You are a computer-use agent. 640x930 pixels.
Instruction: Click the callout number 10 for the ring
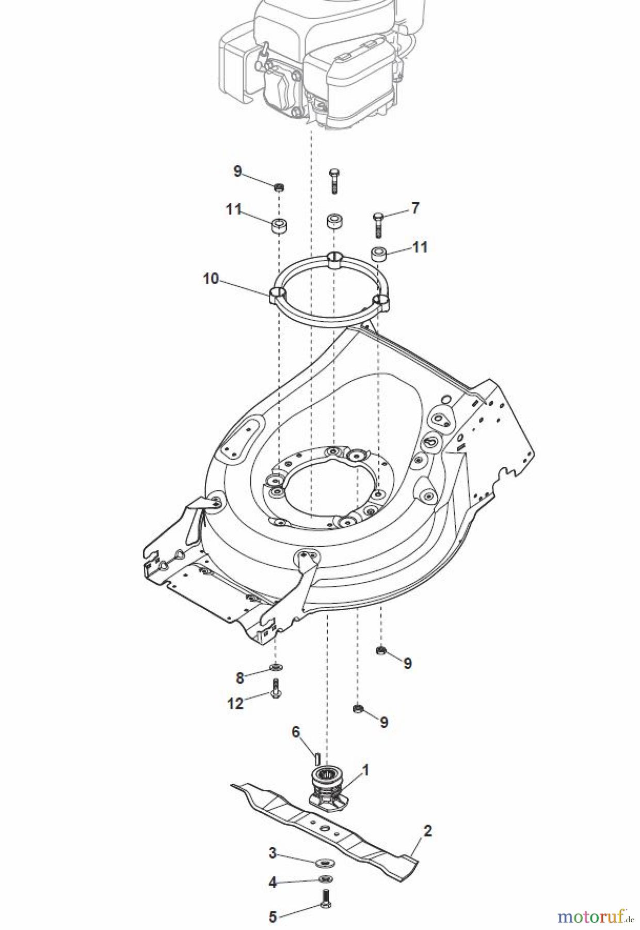click(211, 279)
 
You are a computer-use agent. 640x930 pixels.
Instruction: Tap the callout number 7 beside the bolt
click(415, 208)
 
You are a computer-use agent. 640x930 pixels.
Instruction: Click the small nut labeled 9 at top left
click(279, 187)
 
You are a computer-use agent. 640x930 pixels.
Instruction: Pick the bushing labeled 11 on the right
click(379, 254)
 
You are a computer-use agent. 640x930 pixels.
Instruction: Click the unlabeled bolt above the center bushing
click(334, 181)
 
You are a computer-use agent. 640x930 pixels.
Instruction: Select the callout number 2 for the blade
click(427, 831)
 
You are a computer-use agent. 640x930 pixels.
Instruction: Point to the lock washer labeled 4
click(325, 879)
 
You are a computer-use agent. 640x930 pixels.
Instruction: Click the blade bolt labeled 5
click(325, 898)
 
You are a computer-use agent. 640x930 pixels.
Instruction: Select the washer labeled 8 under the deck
click(276, 668)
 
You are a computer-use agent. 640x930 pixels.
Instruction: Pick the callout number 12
click(235, 703)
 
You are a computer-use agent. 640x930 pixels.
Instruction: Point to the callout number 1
click(365, 770)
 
